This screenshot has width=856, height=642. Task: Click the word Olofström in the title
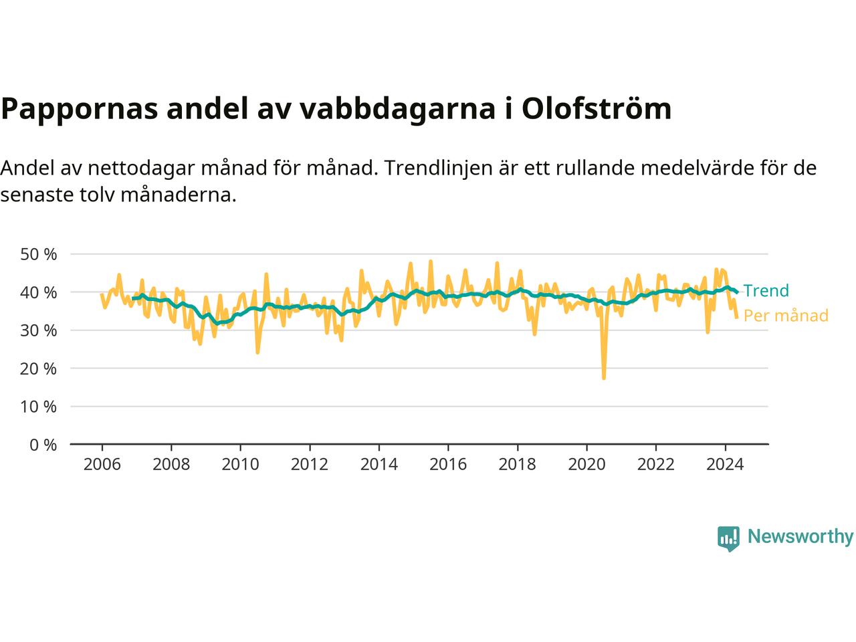tap(596, 108)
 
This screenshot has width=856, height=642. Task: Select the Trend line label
tap(766, 291)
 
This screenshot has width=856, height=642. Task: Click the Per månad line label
tap(786, 316)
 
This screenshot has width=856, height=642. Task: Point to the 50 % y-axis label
tap(39, 254)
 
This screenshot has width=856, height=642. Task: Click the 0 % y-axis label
tap(43, 445)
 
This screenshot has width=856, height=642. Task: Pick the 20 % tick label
tap(39, 368)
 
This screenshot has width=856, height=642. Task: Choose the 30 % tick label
tap(39, 330)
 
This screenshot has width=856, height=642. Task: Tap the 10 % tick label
tap(39, 407)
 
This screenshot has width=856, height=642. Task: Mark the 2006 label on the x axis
tap(102, 464)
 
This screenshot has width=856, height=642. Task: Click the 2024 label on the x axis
tap(725, 464)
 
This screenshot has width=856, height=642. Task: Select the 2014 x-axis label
tap(379, 464)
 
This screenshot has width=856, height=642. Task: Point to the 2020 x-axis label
tap(586, 464)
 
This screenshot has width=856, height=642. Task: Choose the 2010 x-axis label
tap(240, 464)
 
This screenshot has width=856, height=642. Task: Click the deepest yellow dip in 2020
tap(604, 378)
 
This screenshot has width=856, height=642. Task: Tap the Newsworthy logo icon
tap(728, 538)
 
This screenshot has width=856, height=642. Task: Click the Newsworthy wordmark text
tap(800, 537)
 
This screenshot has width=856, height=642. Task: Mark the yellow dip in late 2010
tap(257, 352)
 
